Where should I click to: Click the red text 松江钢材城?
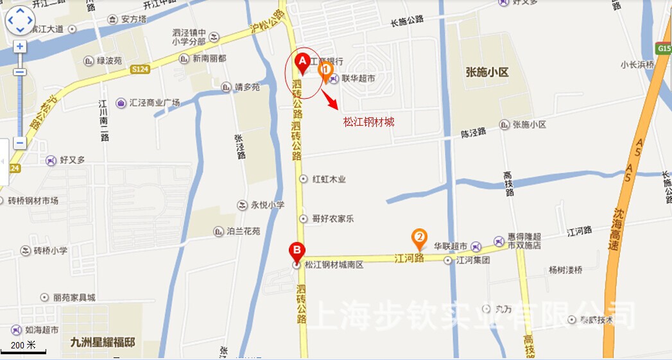coord(368,121)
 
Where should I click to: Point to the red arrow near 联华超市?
coord(329,99)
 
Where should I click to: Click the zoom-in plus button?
coord(20,47)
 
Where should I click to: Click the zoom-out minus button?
coord(20,142)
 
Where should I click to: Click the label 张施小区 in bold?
coord(487,73)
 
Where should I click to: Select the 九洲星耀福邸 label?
coord(103,342)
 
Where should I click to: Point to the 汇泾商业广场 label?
coord(154,103)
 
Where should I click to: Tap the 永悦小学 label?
coord(268,205)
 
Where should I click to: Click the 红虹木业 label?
coord(329,180)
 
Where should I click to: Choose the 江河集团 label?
coord(472,261)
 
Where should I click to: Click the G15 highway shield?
coord(664,49)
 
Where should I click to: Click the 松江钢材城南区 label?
coord(334,264)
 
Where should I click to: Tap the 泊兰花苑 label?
coord(243,231)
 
